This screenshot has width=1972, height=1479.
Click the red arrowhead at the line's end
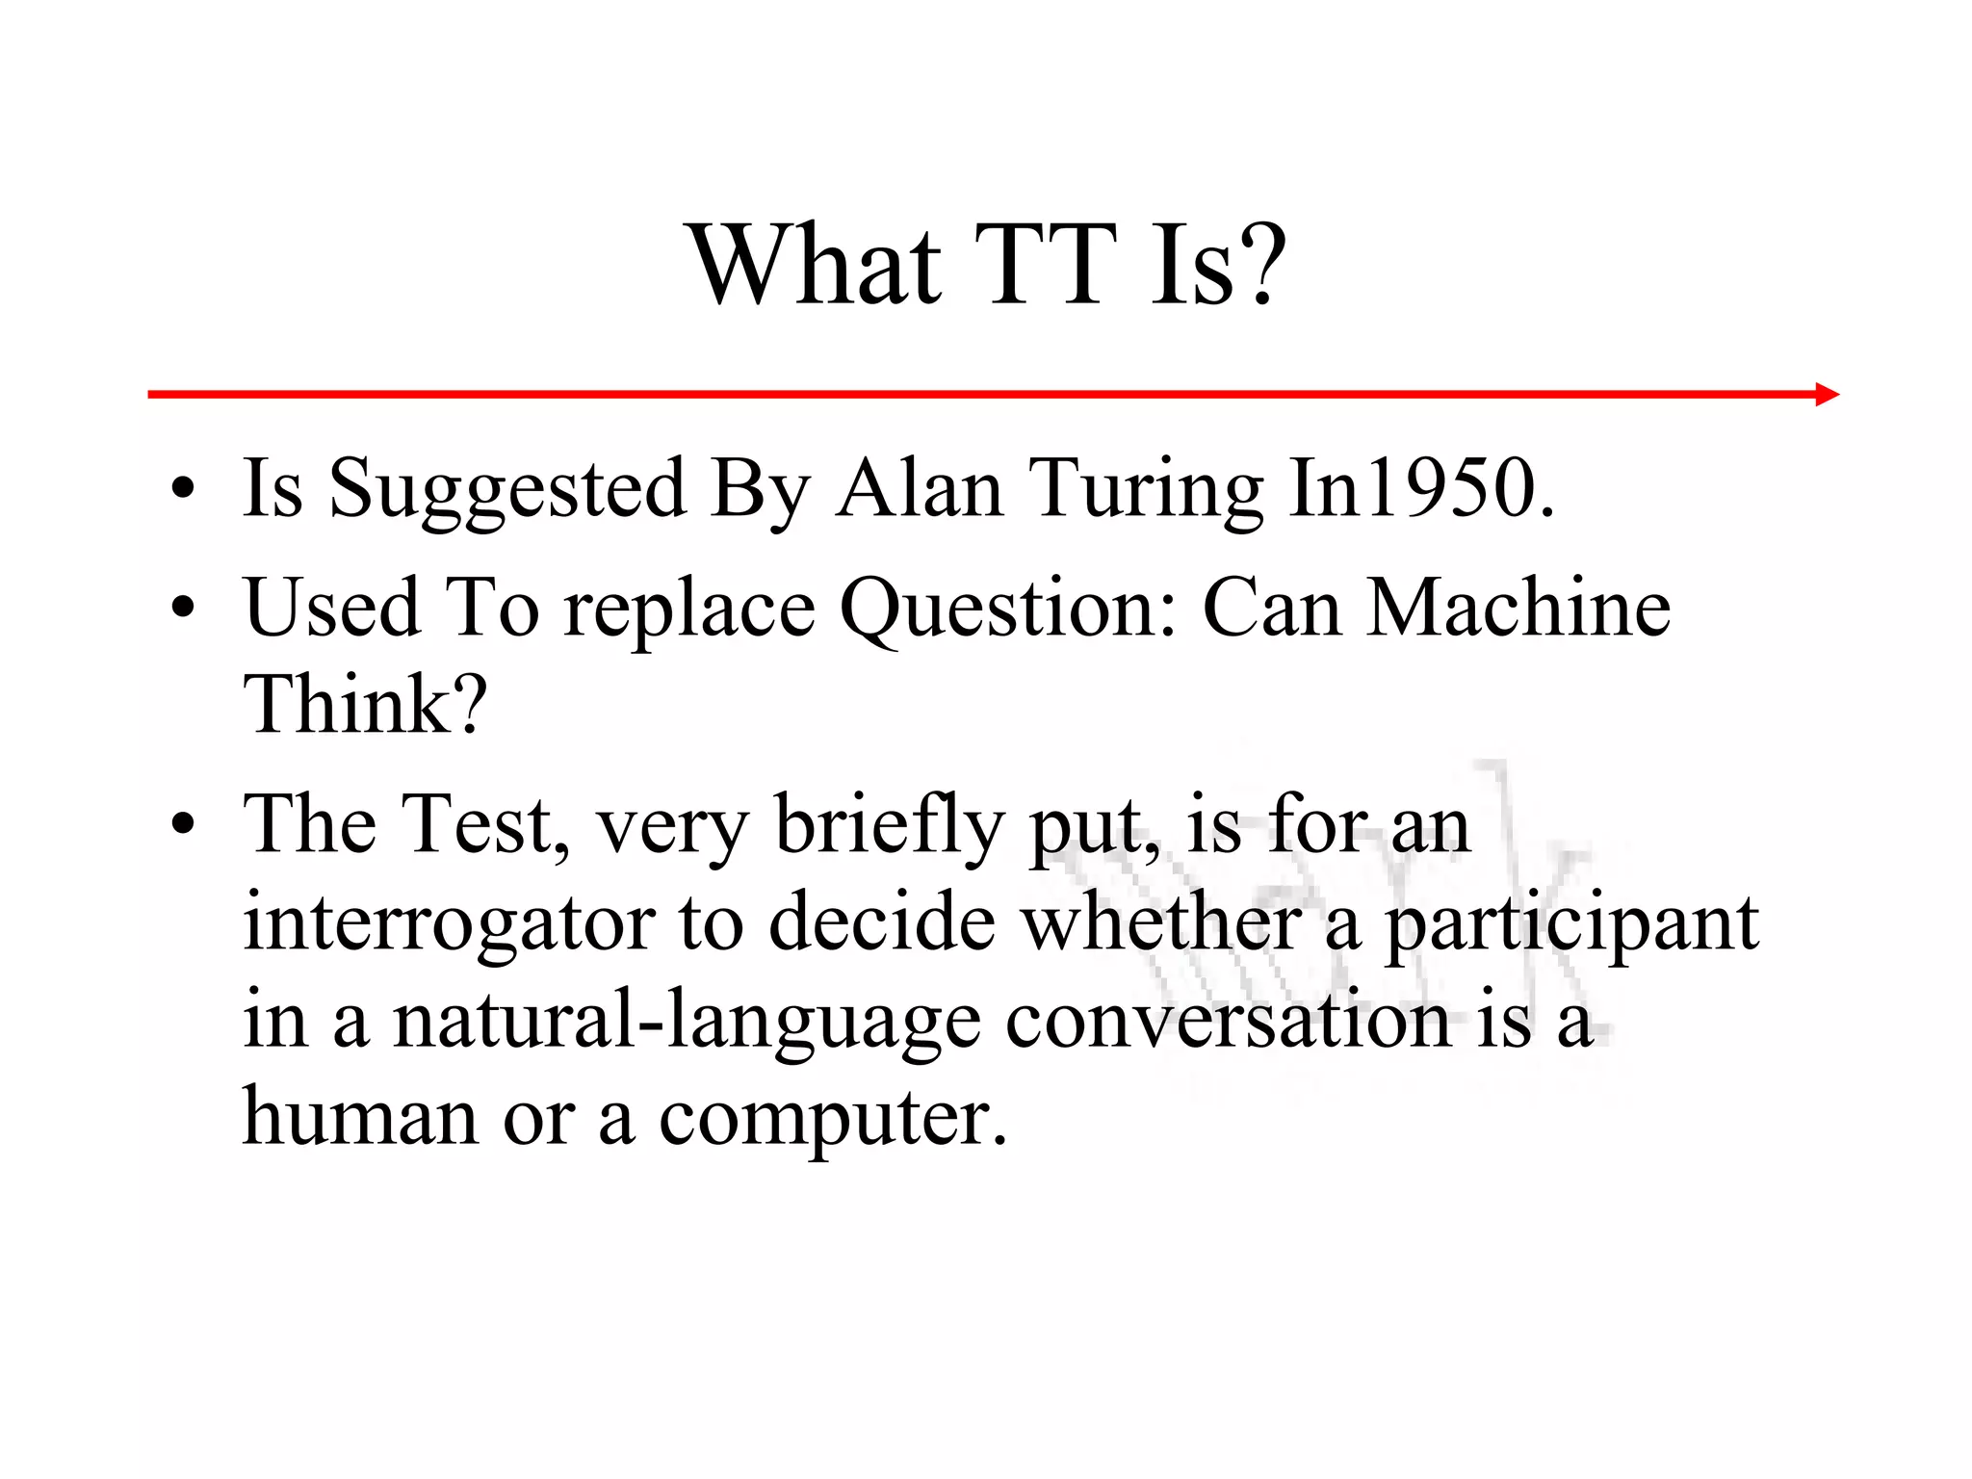1827,394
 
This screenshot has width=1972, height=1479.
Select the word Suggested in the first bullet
507,489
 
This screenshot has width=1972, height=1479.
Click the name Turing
1146,489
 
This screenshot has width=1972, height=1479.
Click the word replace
689,610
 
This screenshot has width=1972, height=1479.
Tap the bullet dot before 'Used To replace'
183,609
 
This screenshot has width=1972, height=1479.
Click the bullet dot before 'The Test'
183,824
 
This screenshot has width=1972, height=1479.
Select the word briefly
889,826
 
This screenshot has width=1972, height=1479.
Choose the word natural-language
687,1022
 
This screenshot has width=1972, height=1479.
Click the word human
360,1117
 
